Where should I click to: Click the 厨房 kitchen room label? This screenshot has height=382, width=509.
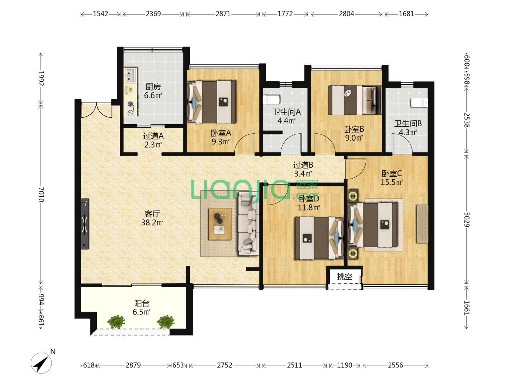click(x=153, y=87)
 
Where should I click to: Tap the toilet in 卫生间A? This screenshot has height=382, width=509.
click(x=271, y=100)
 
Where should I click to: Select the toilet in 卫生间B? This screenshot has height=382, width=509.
click(x=419, y=103)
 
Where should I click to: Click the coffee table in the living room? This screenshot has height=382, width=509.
click(x=220, y=224)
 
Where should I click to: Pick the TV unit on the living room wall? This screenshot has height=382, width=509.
click(x=85, y=224)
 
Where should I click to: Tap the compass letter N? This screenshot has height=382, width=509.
click(x=53, y=352)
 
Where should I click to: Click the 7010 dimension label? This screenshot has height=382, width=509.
click(x=41, y=195)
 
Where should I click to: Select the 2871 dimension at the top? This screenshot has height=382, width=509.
click(x=223, y=14)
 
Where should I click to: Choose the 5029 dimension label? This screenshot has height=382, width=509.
click(x=466, y=220)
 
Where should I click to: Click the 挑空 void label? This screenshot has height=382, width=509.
click(x=345, y=277)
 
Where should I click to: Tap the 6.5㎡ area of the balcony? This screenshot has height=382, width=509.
click(x=141, y=312)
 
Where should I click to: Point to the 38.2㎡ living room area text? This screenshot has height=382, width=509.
click(x=152, y=222)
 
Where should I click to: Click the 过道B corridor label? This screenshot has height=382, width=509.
click(x=303, y=165)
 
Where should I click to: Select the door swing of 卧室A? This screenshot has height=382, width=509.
click(x=245, y=144)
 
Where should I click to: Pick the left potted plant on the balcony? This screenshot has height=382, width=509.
click(x=116, y=322)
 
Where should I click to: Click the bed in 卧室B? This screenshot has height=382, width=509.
click(x=355, y=100)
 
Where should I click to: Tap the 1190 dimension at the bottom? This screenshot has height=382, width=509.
click(x=345, y=365)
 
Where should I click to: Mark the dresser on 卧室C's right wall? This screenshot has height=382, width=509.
click(x=422, y=223)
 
